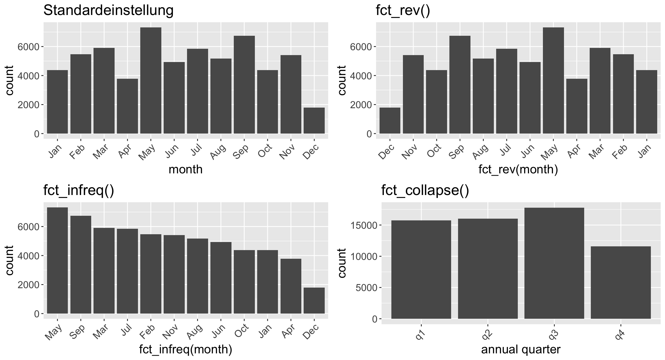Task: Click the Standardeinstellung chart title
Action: (108, 11)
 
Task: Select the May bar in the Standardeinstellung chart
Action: (151, 81)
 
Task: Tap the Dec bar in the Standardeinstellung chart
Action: (314, 121)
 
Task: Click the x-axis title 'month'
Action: (186, 169)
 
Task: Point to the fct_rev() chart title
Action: (403, 11)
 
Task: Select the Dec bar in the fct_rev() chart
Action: (390, 121)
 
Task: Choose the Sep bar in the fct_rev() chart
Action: (460, 85)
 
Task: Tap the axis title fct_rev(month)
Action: (518, 169)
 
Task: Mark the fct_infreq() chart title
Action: (79, 191)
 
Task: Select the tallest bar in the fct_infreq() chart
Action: (57, 260)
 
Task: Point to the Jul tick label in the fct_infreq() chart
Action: (126, 331)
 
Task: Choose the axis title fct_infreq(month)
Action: (186, 349)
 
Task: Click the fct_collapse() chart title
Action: (425, 191)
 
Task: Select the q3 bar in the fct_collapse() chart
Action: (554, 263)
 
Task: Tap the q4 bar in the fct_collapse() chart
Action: (621, 282)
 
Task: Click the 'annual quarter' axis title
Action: (521, 349)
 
